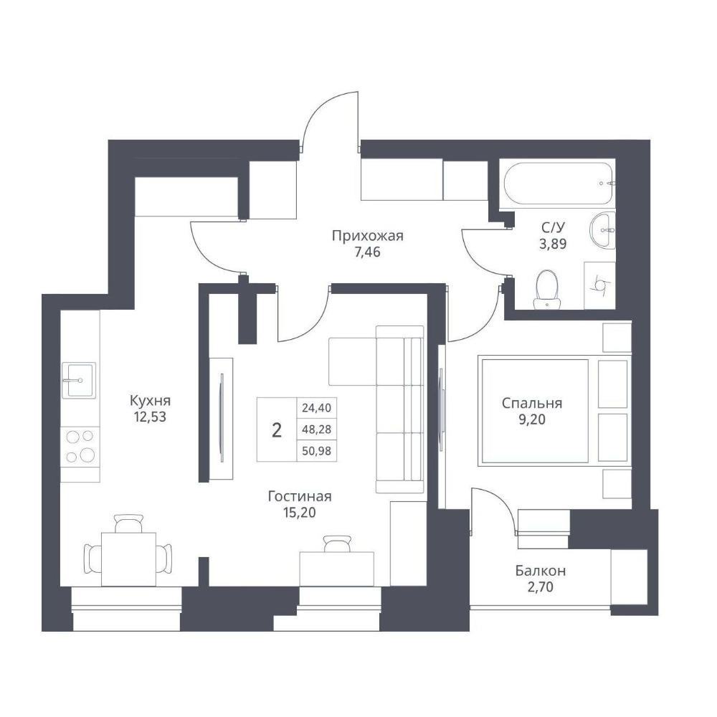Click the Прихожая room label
(367, 237)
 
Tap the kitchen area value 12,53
(150, 417)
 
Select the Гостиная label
(300, 496)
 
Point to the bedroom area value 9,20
(532, 419)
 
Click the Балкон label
(541, 571)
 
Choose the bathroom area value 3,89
(553, 244)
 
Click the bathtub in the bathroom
(558, 184)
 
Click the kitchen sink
(79, 380)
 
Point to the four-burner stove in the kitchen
(80, 446)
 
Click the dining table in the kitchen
(128, 559)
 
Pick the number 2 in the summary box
(276, 429)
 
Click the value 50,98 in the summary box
(316, 451)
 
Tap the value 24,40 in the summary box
(316, 407)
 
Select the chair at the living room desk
(338, 543)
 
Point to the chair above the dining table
(128, 523)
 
